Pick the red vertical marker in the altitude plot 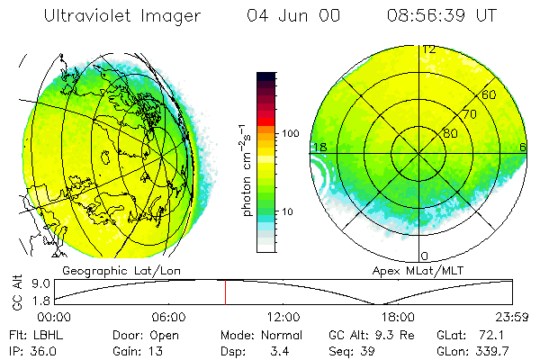click(x=225, y=292)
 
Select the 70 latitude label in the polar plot click(x=470, y=114)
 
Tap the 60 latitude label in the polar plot click(x=490, y=94)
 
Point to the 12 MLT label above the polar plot click(x=429, y=49)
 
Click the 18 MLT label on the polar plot click(x=319, y=147)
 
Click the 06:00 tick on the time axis click(x=168, y=316)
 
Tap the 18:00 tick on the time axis click(x=398, y=316)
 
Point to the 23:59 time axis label click(x=511, y=316)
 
